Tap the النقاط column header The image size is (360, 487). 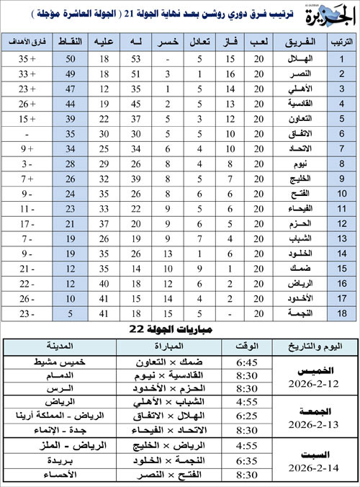pyautogui.click(x=72, y=43)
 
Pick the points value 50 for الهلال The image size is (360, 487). pyautogui.click(x=72, y=58)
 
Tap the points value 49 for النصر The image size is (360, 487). pyautogui.click(x=72, y=74)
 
